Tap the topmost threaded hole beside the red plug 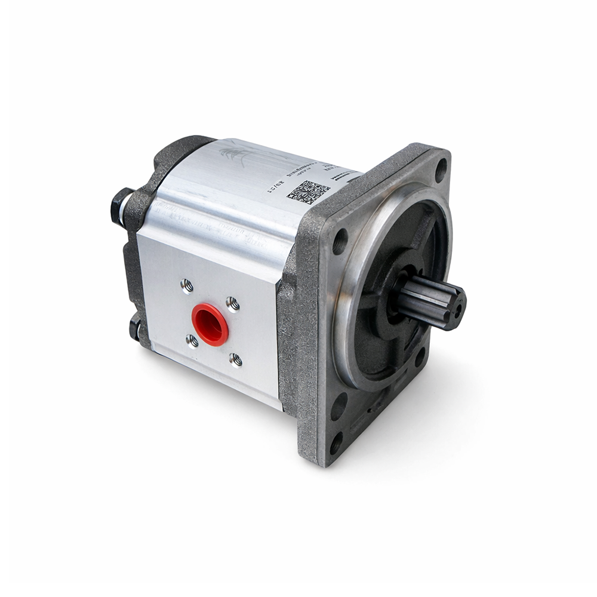point(187,287)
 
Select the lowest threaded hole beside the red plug point(236,359)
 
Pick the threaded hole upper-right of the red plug point(233,304)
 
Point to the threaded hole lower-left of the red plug point(192,341)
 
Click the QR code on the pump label point(308,192)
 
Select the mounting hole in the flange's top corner point(441,170)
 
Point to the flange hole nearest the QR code point(340,241)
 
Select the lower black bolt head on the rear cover point(134,328)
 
